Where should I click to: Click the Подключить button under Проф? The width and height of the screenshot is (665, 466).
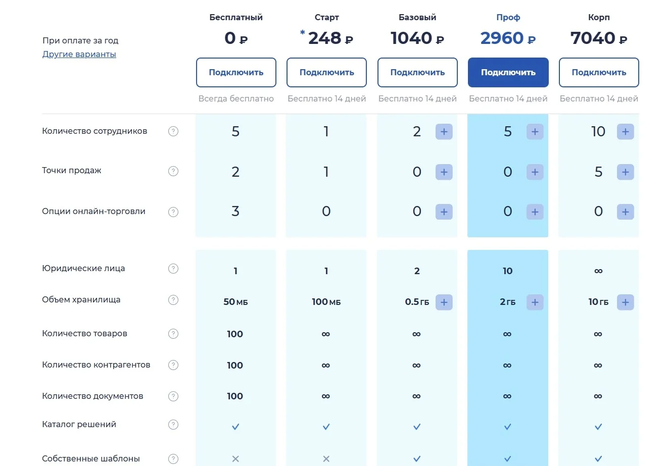point(508,72)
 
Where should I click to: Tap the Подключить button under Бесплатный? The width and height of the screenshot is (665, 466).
point(236,72)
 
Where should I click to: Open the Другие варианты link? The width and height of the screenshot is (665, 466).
point(79,55)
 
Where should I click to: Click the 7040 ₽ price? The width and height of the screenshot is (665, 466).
point(599,38)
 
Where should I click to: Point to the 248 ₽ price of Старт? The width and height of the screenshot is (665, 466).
point(330,38)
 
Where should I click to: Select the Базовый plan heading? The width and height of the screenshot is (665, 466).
point(417,17)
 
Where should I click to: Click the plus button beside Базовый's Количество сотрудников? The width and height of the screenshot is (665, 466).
point(444,132)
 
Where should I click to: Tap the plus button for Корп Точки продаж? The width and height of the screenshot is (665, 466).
point(625,172)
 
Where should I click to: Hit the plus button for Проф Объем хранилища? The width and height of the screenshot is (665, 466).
point(535,302)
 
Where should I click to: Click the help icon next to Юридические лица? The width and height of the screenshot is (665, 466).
point(173,269)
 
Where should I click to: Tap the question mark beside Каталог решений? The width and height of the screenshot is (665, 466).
point(173,425)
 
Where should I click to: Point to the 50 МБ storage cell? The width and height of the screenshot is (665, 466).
point(235,302)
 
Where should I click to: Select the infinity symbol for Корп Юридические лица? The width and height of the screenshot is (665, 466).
point(598,272)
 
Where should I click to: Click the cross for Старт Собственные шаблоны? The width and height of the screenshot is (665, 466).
point(326,459)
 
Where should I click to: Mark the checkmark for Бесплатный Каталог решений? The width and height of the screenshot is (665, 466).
point(235,427)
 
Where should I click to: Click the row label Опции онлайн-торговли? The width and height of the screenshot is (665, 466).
point(93,212)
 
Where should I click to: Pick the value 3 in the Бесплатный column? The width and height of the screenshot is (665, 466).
point(235,212)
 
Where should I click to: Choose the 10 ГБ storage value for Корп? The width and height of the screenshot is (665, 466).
point(598,302)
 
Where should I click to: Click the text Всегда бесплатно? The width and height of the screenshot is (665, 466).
point(236,99)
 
